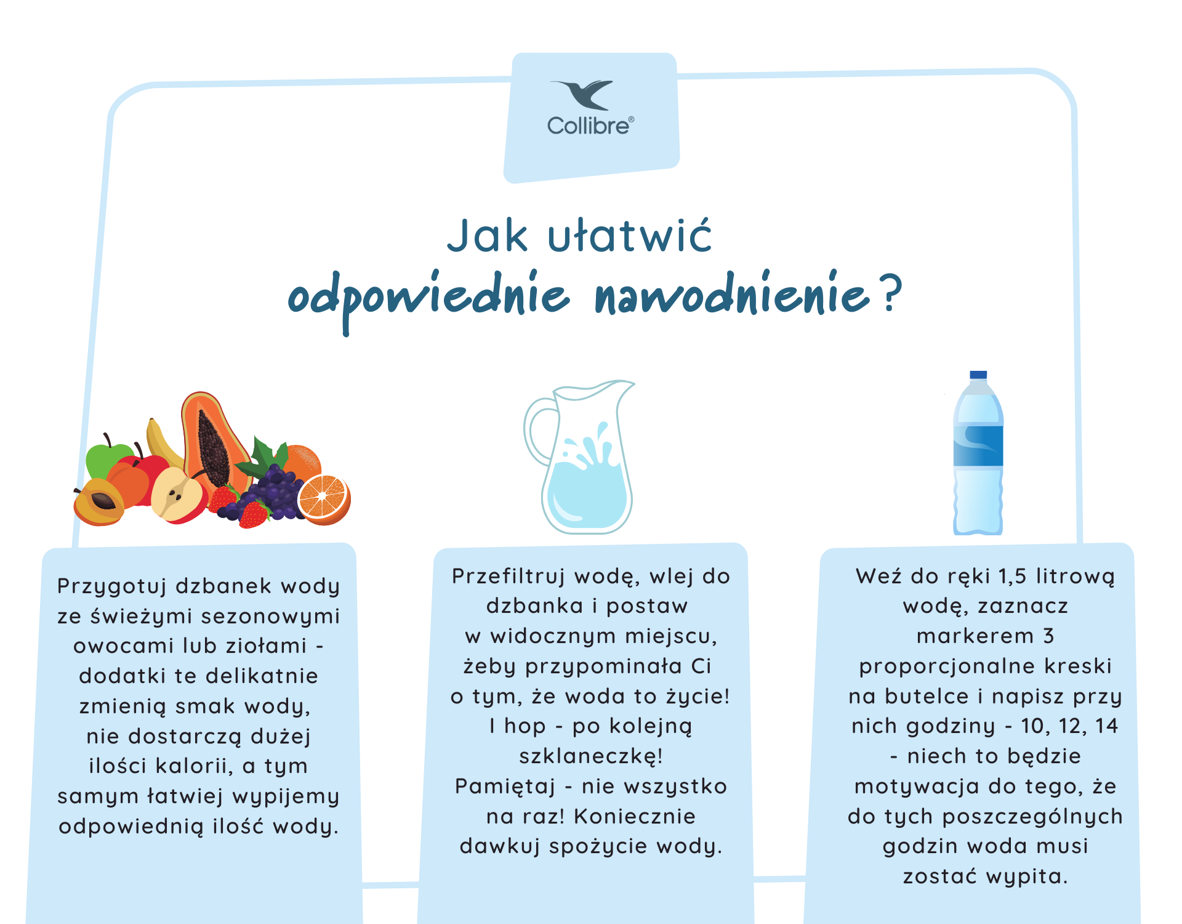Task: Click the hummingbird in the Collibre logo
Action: pyautogui.click(x=582, y=94)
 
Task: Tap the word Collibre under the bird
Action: pyautogui.click(x=589, y=126)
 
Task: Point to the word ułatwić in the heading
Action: pyautogui.click(x=630, y=235)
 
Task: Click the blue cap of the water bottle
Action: pyautogui.click(x=978, y=375)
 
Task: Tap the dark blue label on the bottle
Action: pyautogui.click(x=978, y=445)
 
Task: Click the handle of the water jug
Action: pyautogui.click(x=537, y=431)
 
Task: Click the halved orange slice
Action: pyautogui.click(x=324, y=499)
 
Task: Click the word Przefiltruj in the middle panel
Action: pyautogui.click(x=509, y=577)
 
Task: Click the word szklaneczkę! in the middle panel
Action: pyautogui.click(x=591, y=756)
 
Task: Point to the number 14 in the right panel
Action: pyautogui.click(x=1106, y=726)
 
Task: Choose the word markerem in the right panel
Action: pyautogui.click(x=975, y=636)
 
